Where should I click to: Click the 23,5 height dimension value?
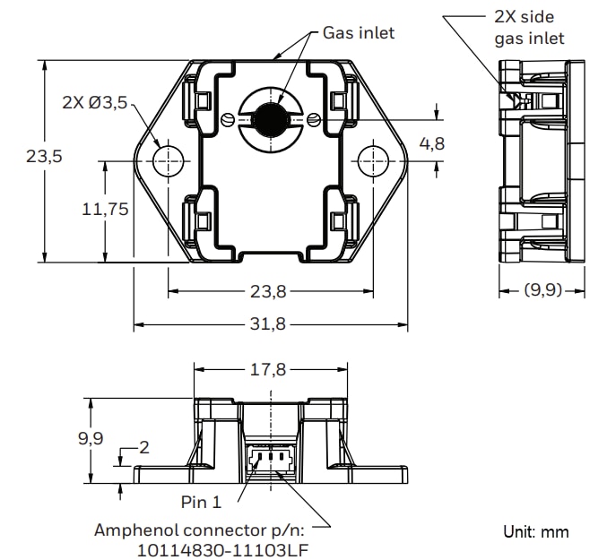44,156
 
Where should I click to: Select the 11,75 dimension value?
105,210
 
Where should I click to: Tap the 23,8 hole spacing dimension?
269,291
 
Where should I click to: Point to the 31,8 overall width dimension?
269,325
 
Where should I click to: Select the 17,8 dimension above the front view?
269,369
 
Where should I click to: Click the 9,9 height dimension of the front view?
91,439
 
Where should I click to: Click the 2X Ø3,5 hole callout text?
95,103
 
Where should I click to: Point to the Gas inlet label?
359,33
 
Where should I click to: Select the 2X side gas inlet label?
529,27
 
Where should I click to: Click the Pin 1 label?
200,503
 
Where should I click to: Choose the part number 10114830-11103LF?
227,549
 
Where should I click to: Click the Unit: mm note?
535,532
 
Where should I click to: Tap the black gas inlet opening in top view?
268,117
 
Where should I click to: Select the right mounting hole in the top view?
372,161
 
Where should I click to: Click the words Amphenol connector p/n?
206,530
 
